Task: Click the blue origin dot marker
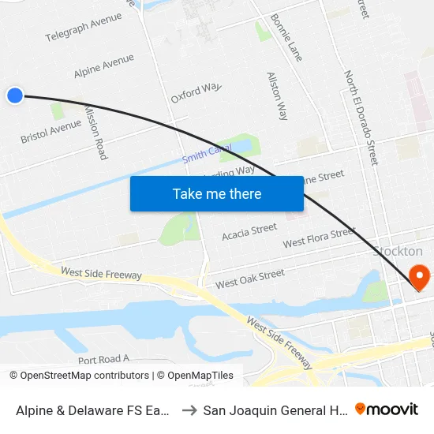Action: click(x=14, y=95)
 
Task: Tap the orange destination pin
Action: click(x=419, y=276)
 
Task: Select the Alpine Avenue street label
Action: click(x=103, y=65)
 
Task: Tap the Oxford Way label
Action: click(x=196, y=92)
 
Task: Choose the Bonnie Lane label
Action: click(x=286, y=37)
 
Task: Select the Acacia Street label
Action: click(x=249, y=231)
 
